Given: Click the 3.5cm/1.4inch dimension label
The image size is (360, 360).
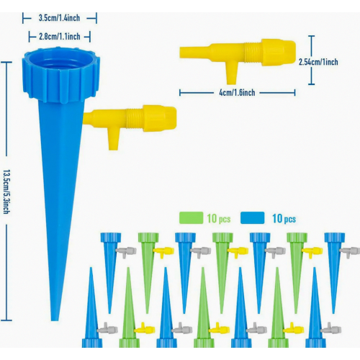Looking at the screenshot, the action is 59,18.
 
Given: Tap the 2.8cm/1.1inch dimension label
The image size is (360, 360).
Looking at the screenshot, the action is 60,37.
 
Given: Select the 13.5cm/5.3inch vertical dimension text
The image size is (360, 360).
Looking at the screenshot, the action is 6,192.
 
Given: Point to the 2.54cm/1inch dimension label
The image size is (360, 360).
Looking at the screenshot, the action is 318,62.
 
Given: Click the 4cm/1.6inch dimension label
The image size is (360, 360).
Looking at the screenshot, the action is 237,93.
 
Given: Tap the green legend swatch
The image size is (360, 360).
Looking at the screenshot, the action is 191,218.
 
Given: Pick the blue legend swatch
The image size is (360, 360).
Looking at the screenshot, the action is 253,218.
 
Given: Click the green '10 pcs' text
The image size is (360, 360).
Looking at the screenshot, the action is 219,219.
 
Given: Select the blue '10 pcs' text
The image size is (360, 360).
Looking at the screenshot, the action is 284,219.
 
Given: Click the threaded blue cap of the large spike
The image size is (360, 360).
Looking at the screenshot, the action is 61,75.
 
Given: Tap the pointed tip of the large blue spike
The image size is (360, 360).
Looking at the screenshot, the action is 55,319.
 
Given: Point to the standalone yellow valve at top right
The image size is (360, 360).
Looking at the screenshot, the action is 238,58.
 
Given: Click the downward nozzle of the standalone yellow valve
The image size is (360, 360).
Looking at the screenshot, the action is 232,74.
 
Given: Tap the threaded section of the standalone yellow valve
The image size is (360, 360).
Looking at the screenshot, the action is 253,53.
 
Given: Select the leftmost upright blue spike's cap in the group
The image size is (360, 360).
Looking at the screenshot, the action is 111,238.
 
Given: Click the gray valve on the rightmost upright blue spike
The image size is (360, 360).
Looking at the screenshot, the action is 350,252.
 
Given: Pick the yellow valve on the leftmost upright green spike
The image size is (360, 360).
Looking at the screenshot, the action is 163,252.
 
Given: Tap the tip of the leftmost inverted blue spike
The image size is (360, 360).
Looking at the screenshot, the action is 91,269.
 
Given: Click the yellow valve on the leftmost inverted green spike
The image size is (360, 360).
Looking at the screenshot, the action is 144,328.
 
